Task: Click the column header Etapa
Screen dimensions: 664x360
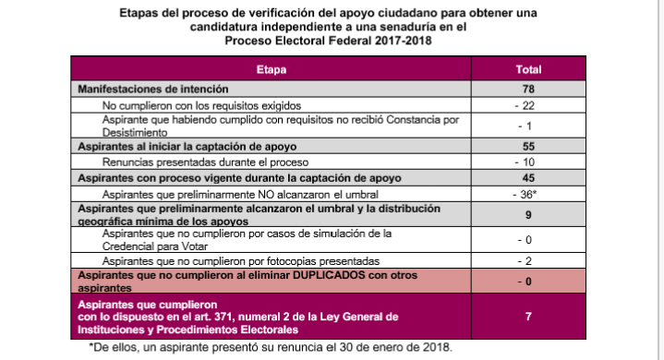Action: [272, 69]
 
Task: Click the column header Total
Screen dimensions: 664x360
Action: [528, 69]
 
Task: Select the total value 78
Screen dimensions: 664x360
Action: [528, 88]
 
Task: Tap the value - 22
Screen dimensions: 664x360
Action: [528, 107]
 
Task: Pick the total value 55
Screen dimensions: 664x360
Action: [528, 145]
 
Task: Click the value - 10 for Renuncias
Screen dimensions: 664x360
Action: [528, 161]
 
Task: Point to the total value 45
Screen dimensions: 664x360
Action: [528, 176]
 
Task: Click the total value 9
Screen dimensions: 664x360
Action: [528, 215]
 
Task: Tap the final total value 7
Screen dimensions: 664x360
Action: [528, 317]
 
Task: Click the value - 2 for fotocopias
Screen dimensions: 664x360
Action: [528, 261]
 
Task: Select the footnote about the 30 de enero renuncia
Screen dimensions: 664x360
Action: [269, 347]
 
